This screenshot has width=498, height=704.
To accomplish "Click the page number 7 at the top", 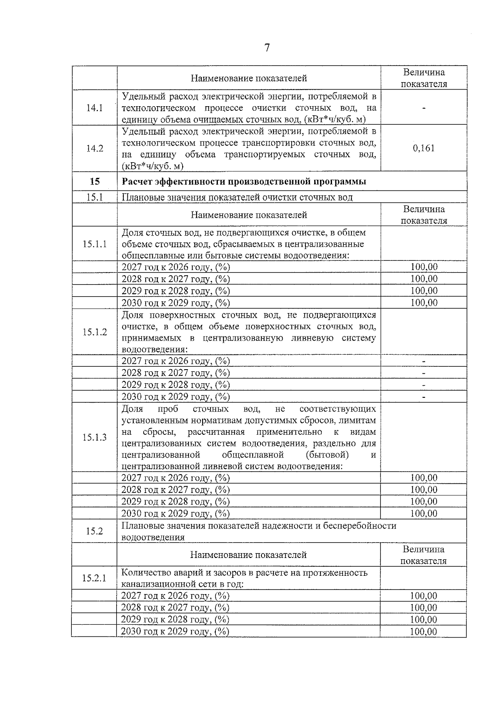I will [267, 48].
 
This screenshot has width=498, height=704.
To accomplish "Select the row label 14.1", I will [94, 108].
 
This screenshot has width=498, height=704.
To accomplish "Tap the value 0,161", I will [424, 149].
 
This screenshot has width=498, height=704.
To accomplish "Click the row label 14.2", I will [94, 149].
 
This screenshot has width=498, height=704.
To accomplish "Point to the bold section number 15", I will [94, 182].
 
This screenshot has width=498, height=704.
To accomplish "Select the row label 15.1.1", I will [94, 244].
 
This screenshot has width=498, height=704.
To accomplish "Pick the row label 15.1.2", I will [94, 332].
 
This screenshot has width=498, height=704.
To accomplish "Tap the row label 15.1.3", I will [94, 437].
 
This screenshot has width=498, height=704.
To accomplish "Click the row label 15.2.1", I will [94, 578].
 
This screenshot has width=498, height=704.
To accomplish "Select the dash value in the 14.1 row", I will [424, 108].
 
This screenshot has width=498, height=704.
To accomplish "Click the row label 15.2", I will [94, 531].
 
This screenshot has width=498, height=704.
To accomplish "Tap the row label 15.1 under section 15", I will [94, 197].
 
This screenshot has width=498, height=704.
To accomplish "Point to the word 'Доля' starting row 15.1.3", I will [132, 409].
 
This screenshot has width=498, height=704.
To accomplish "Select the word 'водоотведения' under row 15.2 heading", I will [153, 538].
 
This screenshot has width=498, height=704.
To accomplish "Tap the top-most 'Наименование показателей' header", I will [249, 78].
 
